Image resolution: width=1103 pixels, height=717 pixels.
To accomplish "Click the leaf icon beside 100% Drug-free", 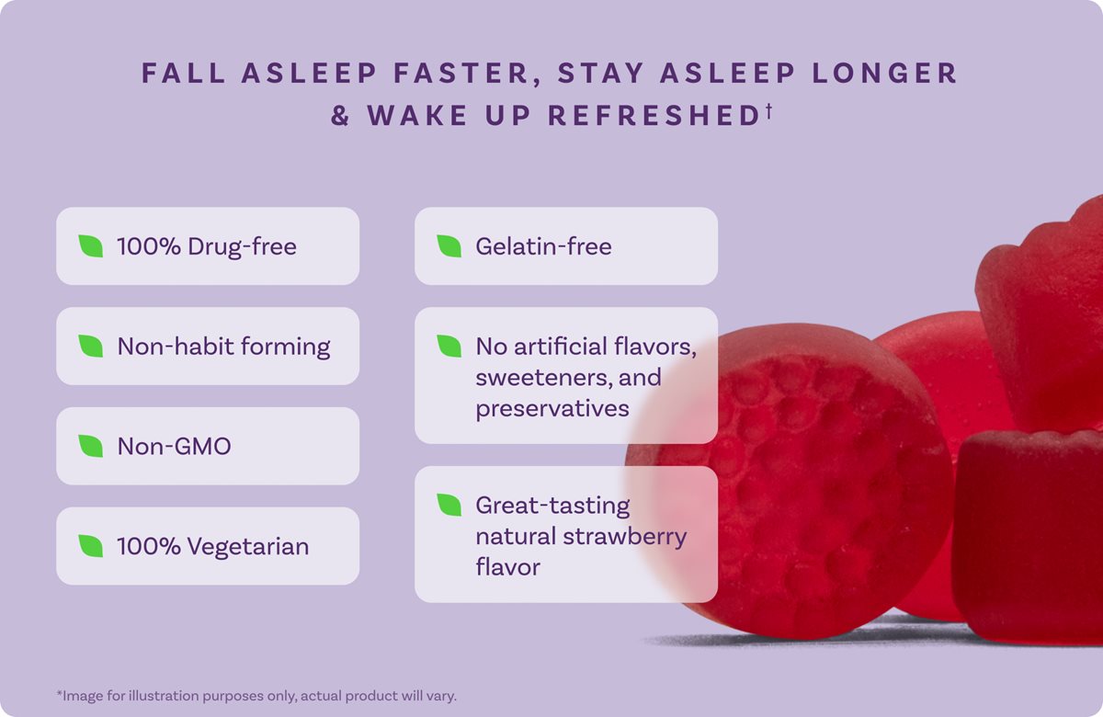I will tap(90, 245).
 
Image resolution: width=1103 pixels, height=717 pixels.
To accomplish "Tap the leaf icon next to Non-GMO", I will tap(90, 446).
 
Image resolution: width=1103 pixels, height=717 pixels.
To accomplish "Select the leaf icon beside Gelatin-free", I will tap(449, 245).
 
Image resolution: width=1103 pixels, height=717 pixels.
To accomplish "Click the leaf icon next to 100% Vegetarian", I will tap(90, 546).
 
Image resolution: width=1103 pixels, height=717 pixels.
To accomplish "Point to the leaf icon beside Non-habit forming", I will tap(90, 346).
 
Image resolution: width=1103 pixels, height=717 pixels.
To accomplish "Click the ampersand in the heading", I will tap(341, 117).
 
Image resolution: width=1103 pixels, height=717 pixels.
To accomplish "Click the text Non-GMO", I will tap(174, 447).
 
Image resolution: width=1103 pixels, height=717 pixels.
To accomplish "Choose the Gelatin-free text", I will tap(543, 246).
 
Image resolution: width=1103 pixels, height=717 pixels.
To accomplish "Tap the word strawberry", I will tap(624, 536).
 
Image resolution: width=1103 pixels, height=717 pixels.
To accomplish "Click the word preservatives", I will tap(552, 407).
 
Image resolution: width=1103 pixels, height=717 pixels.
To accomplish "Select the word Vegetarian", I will tap(248, 547).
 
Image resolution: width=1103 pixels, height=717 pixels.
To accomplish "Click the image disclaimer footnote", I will tap(256, 695).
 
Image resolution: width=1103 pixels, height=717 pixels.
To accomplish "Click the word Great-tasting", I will tap(552, 506).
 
